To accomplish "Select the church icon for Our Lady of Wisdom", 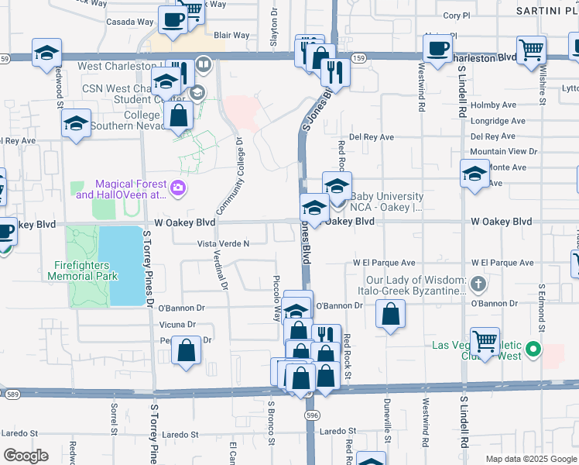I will pos(478,284).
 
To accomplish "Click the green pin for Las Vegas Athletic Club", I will pos(533,350).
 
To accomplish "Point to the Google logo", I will pos(25,456).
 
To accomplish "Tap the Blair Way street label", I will pos(231,36).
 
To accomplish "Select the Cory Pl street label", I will pos(456,15).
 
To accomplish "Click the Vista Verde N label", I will pos(224,243).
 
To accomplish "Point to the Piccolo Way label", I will pos(276,298).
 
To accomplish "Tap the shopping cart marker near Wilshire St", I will pos(531,50).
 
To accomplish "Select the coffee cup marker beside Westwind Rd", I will pos(437,48).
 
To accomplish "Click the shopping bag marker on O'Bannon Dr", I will pos(390,315).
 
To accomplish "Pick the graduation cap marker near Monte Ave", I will pos(474,173).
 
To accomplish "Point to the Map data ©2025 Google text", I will pos(531,459).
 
